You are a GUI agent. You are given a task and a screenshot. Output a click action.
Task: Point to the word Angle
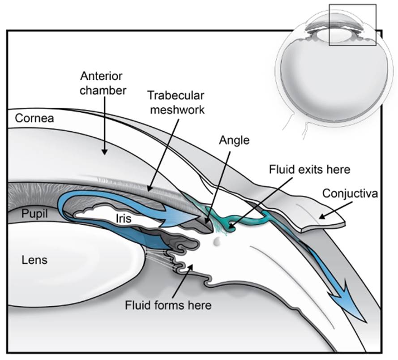234,141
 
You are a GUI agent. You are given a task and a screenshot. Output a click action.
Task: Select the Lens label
34,259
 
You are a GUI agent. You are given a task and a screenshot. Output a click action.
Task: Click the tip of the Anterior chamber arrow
104,154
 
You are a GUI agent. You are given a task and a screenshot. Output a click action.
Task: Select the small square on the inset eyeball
352,25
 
